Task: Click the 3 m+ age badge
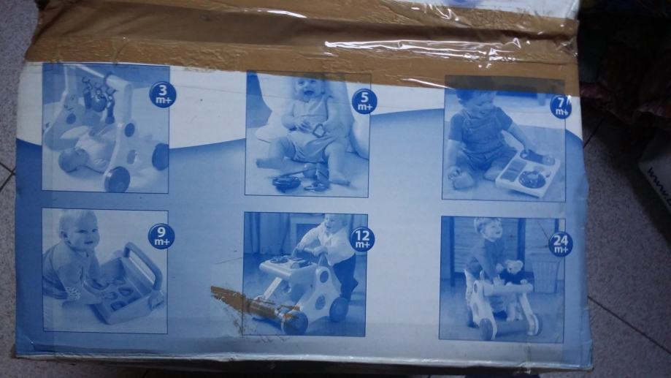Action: (162, 95)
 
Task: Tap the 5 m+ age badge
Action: (364, 102)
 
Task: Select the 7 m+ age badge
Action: (561, 106)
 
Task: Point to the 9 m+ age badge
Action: (161, 236)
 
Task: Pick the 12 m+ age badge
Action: (362, 239)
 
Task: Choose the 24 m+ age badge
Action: (561, 244)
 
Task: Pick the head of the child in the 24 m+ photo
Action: (488, 230)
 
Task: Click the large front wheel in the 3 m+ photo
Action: (117, 179)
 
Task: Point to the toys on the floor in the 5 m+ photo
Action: (299, 181)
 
